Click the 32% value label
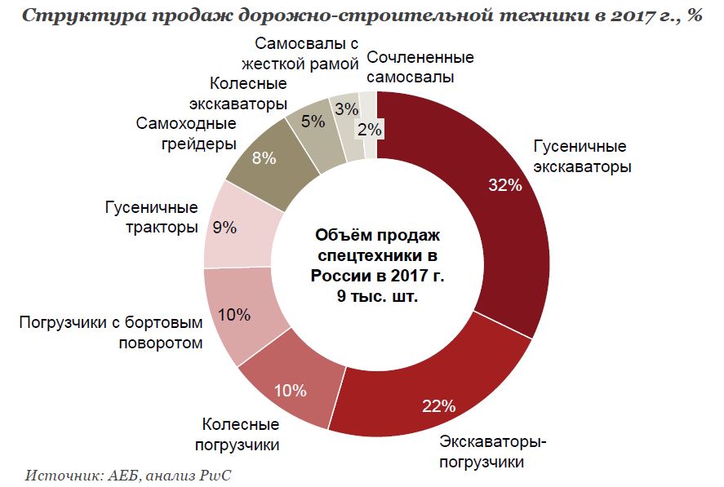pos(504,185)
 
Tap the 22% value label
pos(438,405)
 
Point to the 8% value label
pos(264,158)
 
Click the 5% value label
pos(313,122)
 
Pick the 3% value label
pos(347,109)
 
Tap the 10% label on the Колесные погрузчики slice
pos(290,390)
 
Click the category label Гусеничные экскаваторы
pos(580,157)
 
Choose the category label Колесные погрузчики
pos(240,435)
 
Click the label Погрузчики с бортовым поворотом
pos(111,331)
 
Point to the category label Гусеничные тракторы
pos(152,217)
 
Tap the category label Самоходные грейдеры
pos(186,134)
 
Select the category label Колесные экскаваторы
pos(238,94)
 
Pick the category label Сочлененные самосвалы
pos(420,68)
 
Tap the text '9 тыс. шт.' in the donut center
pos(377,296)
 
